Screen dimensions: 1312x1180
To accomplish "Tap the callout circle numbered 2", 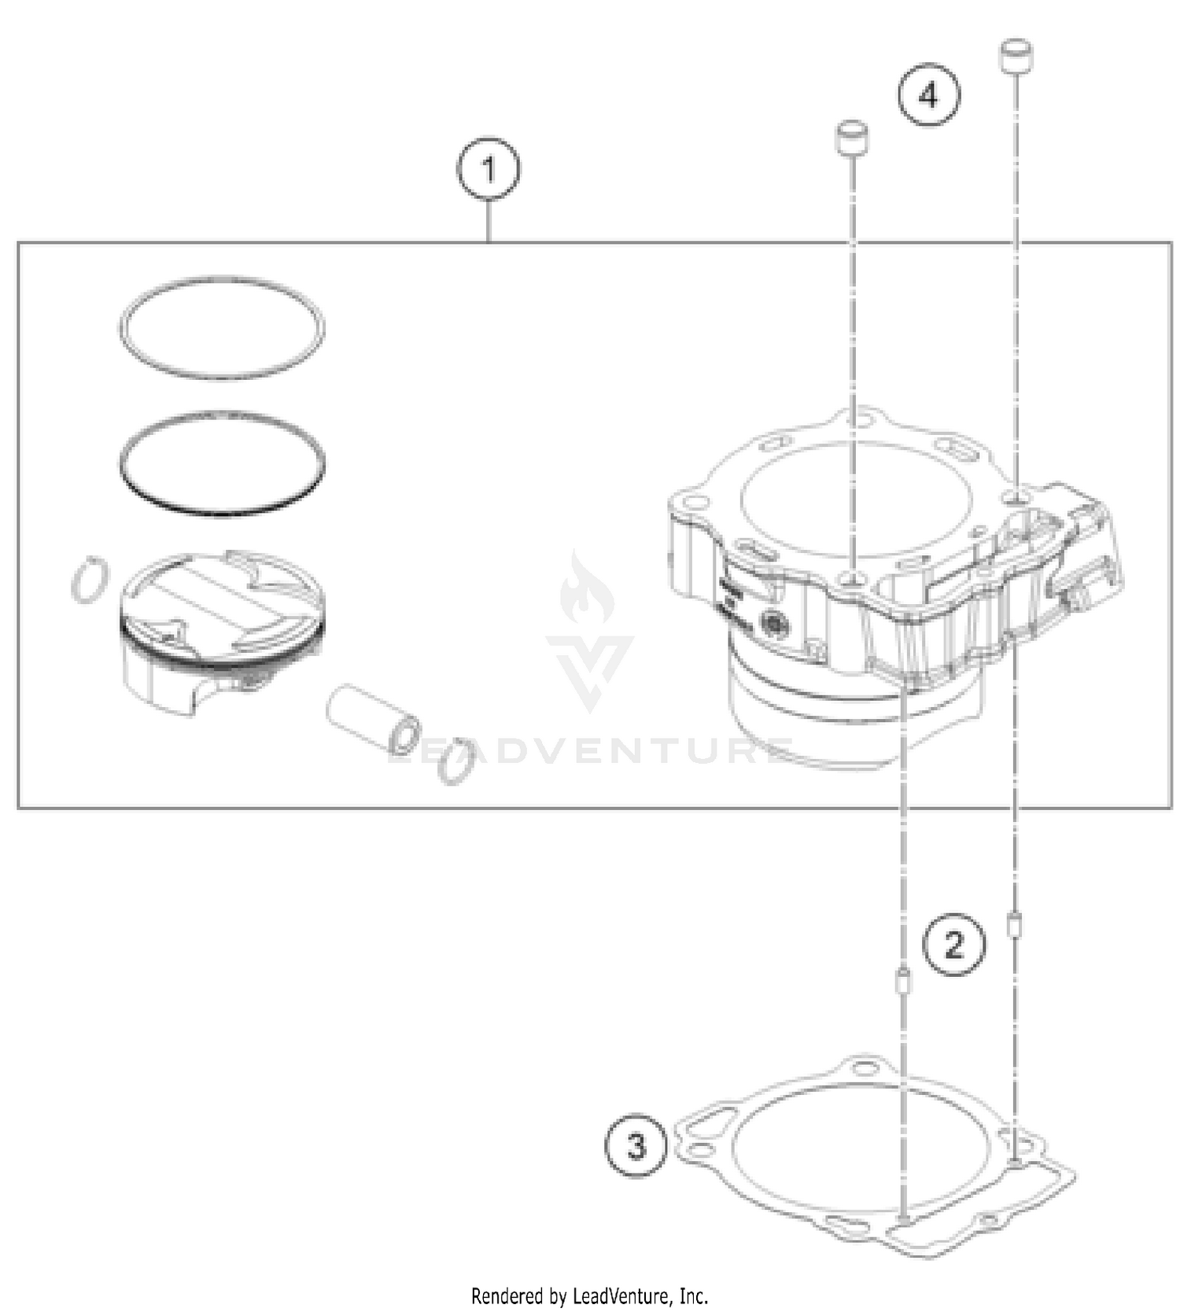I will [953, 944].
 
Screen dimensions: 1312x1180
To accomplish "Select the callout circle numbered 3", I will [636, 1145].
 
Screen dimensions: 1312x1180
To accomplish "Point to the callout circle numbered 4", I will [929, 95].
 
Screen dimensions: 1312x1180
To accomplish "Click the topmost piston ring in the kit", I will [222, 279].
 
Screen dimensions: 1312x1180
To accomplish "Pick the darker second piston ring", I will [222, 415].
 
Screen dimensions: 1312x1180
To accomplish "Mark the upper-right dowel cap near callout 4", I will [1016, 55].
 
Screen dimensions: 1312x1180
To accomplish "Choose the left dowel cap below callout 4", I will [851, 138].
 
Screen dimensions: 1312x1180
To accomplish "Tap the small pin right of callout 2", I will [1015, 924].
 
